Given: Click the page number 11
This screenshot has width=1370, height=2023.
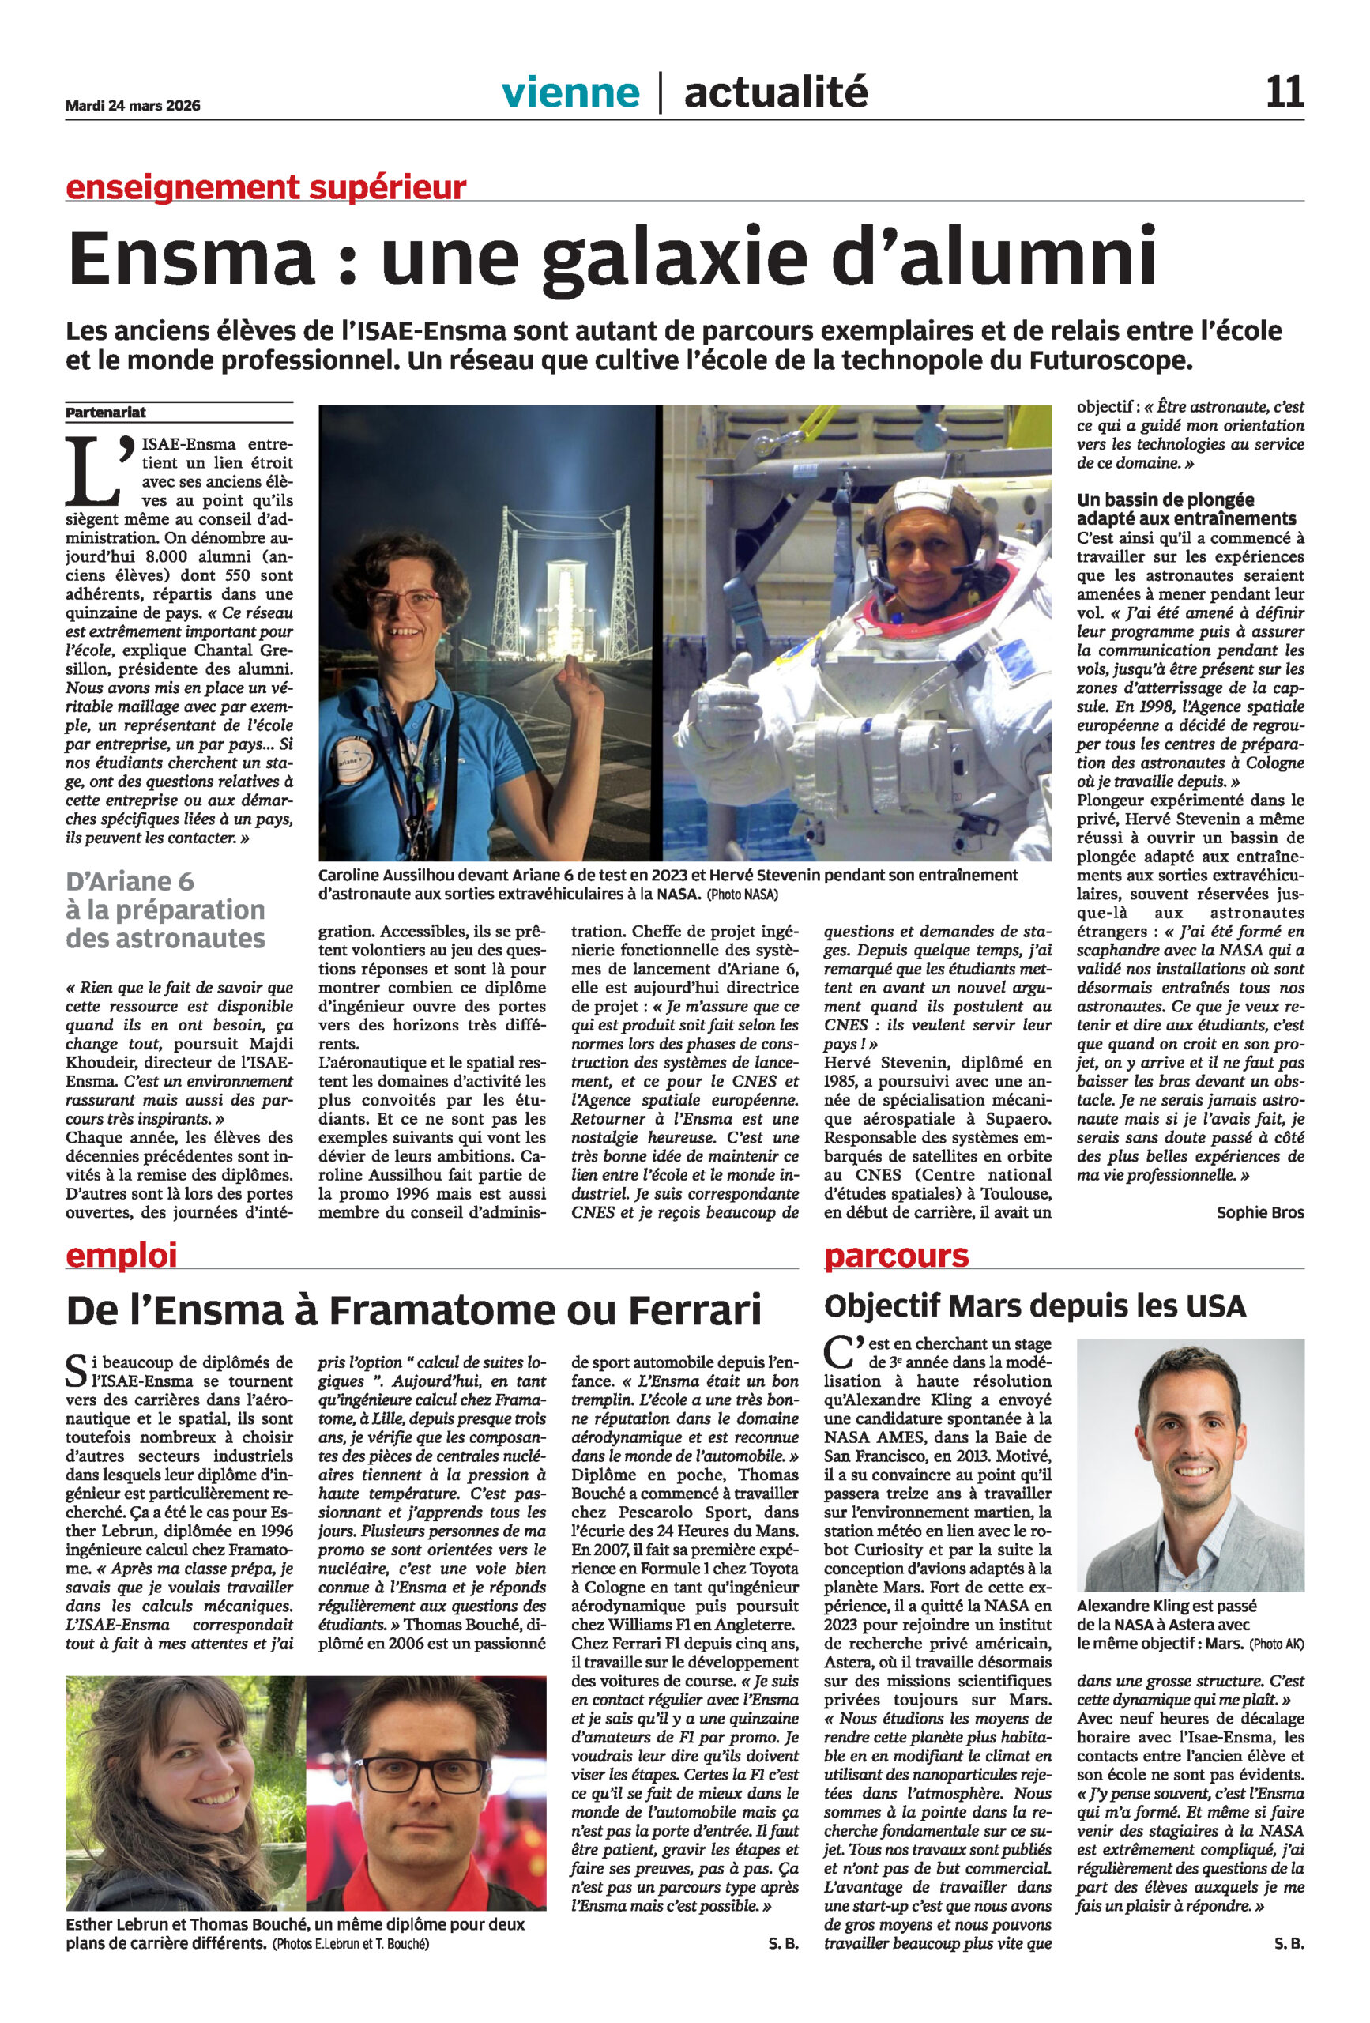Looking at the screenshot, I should click(x=1284, y=92).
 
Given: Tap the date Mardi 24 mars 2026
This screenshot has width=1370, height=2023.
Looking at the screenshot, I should click(x=132, y=106).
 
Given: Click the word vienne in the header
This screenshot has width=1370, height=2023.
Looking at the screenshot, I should click(x=570, y=92).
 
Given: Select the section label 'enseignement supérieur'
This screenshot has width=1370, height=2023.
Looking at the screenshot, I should click(x=265, y=186).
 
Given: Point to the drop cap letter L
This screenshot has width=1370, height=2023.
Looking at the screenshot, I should click(x=92, y=471).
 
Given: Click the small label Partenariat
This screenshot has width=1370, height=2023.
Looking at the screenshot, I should click(x=106, y=413).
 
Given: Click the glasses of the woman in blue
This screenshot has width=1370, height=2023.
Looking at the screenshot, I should click(x=401, y=600).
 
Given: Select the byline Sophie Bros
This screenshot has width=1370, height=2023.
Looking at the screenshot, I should click(x=1259, y=1211).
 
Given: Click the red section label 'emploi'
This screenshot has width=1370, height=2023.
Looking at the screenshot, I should click(x=121, y=1254).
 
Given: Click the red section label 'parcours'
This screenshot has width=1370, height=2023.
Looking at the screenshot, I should click(x=896, y=1254).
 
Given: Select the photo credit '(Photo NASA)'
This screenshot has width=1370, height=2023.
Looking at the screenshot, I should click(x=742, y=895).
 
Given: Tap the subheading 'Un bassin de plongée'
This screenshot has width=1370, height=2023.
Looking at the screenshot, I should click(x=1165, y=499).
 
